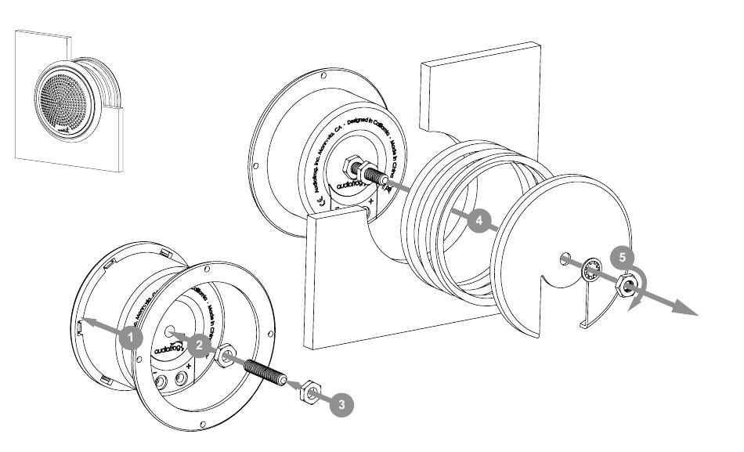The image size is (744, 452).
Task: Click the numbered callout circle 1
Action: coord(131,338)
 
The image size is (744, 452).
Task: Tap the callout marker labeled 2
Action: coord(200,344)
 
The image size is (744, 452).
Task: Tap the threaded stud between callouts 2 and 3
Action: coord(262,369)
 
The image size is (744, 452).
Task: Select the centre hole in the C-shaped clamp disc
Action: coord(564,256)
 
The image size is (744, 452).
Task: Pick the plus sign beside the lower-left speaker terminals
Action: coord(211,367)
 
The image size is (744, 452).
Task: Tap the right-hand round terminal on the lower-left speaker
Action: coord(182,379)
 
